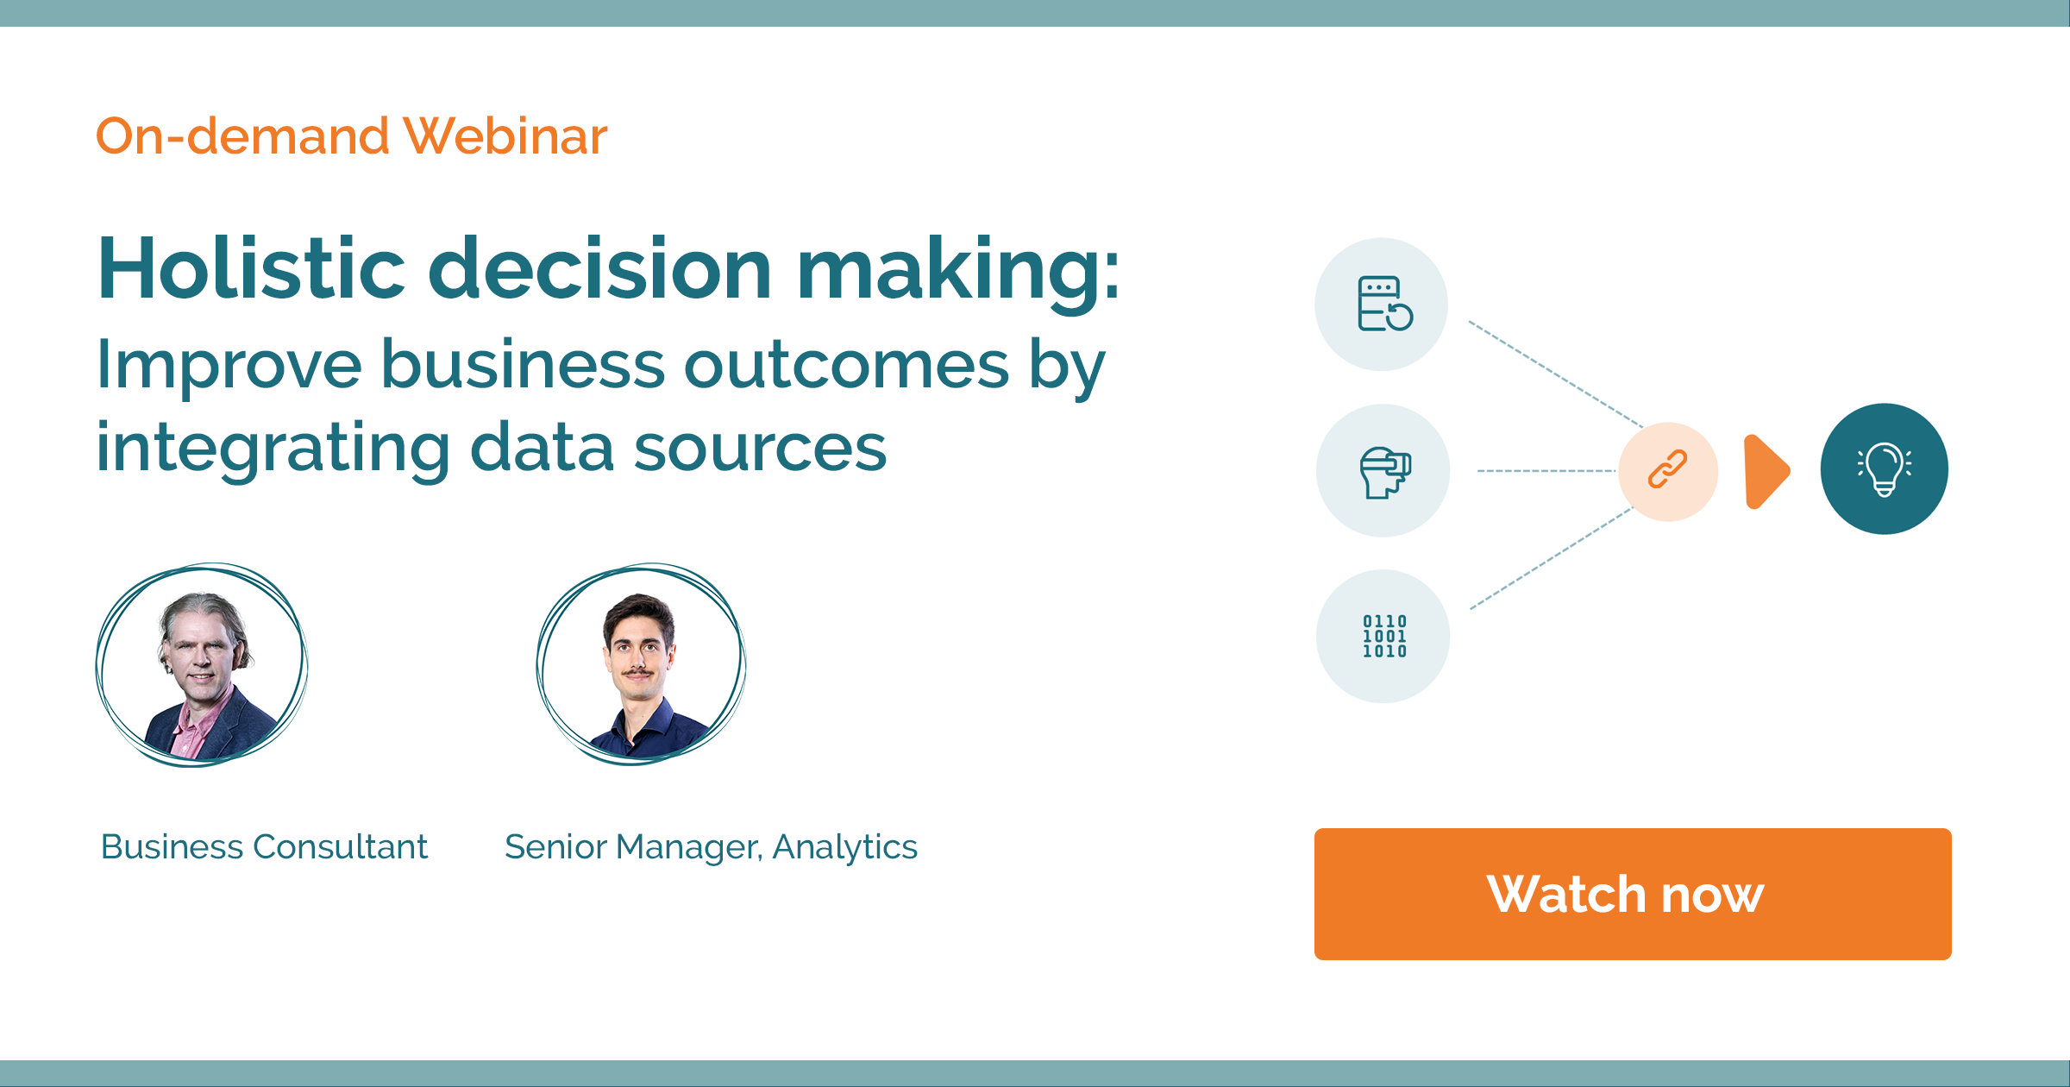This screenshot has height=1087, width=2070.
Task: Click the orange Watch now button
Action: [x=1632, y=894]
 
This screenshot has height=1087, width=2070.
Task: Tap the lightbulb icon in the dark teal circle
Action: [x=1885, y=469]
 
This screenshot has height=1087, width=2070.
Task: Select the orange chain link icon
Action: [x=1668, y=470]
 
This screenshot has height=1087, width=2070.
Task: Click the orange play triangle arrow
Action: [x=1765, y=471]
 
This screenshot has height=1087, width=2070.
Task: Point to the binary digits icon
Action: [x=1383, y=637]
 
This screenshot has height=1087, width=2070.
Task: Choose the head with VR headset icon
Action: [x=1384, y=472]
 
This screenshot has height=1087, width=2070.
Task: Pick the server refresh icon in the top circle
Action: [x=1383, y=304]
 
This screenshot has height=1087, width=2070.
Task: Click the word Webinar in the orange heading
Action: [x=505, y=136]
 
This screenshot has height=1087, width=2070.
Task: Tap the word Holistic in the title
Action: [x=251, y=269]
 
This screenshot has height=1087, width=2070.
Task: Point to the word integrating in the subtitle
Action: [x=273, y=449]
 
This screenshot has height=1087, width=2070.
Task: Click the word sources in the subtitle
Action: [x=760, y=449]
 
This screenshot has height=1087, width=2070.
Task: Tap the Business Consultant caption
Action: [x=264, y=847]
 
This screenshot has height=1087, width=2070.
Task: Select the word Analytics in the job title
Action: [x=844, y=847]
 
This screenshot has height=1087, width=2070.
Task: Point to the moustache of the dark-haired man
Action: [x=637, y=671]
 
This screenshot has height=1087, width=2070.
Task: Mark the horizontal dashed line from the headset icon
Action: [x=1546, y=471]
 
